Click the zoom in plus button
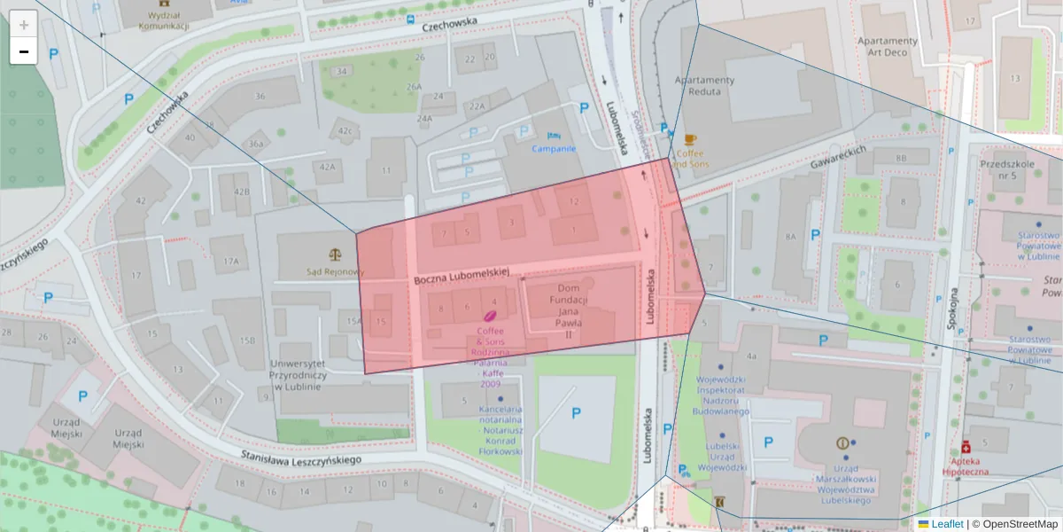24,25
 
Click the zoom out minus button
24,51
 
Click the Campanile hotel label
555,148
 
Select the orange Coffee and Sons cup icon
690,139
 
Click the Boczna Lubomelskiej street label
462,278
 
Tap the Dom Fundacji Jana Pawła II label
568,311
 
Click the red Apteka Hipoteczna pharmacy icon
966,448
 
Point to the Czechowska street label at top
450,24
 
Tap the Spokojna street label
954,307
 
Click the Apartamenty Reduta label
705,86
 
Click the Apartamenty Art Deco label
888,46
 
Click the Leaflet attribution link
940,524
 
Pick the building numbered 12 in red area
573,201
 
